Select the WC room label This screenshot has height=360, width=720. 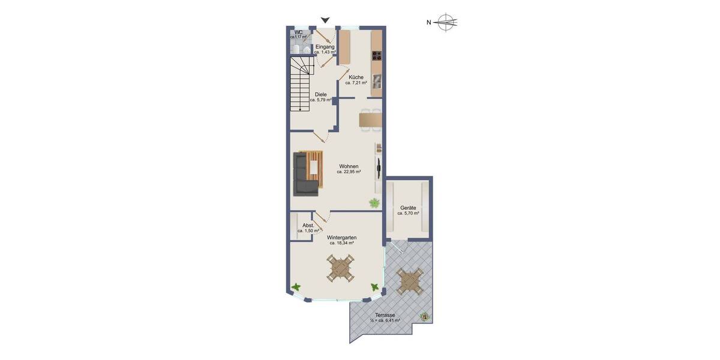298,32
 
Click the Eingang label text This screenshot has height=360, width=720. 325,46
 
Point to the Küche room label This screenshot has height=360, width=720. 356,77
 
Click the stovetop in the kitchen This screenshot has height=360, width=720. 377,57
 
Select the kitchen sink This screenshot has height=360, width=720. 377,81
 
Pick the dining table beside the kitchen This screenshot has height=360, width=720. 371,120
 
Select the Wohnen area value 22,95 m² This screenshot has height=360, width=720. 349,172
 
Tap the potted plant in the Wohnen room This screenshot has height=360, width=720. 374,203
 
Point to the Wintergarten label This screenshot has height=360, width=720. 341,238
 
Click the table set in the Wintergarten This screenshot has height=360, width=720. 341,268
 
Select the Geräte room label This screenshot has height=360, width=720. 408,208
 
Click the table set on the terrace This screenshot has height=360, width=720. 411,280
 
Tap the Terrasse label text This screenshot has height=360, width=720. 385,315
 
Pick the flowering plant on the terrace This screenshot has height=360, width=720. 425,315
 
